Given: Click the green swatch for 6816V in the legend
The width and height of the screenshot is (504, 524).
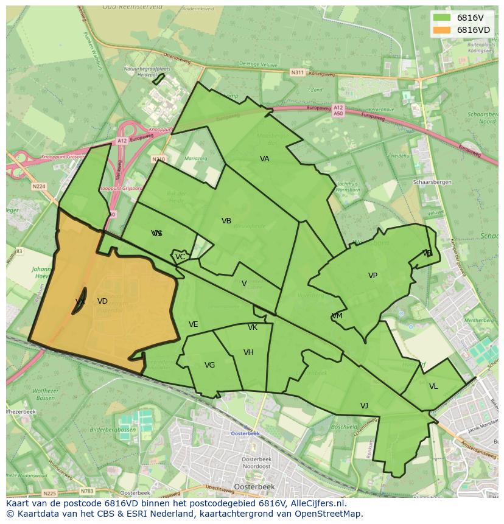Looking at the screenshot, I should (442, 18).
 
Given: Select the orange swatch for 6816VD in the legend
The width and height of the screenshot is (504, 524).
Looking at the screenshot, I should (442, 30).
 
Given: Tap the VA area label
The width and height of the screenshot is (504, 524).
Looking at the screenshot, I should (265, 159).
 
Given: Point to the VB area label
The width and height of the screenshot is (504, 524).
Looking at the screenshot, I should (226, 221).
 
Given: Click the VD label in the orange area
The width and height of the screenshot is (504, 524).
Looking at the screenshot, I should (102, 301).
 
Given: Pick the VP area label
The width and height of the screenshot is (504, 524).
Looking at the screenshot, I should (373, 276).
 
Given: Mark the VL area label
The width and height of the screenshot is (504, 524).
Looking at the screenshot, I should (433, 386).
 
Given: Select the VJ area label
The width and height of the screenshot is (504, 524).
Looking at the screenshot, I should (364, 406).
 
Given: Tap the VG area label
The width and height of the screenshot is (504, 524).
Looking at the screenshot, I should (209, 365).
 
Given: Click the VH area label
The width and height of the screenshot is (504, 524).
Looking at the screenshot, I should (248, 352).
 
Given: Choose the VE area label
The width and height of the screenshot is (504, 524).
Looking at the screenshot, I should (194, 324).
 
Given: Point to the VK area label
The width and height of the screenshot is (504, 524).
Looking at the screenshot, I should (253, 327).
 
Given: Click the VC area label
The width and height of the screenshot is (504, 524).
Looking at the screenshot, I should (180, 257).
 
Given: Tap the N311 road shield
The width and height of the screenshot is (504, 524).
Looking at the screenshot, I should (297, 72).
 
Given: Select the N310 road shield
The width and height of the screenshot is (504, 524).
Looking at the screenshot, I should (158, 159).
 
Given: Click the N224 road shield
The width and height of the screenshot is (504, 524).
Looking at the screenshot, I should (39, 186).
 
